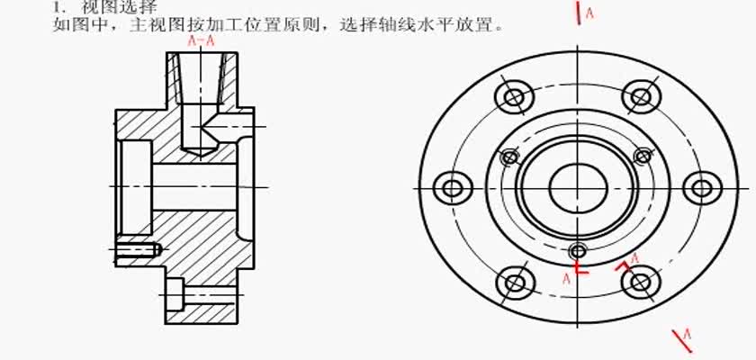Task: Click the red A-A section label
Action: tap(201, 40)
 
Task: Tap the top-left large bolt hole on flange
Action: tap(515, 96)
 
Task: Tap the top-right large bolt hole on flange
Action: tap(638, 96)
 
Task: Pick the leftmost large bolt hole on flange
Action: tap(452, 188)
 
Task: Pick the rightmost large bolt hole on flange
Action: tap(702, 188)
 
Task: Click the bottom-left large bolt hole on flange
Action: tap(515, 282)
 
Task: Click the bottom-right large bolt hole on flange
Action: tap(640, 282)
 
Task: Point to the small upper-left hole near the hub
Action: tap(509, 157)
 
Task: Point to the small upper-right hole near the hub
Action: tap(642, 157)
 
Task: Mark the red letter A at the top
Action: tap(589, 13)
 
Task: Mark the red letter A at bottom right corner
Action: tap(688, 335)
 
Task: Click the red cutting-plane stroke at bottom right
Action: tap(676, 342)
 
